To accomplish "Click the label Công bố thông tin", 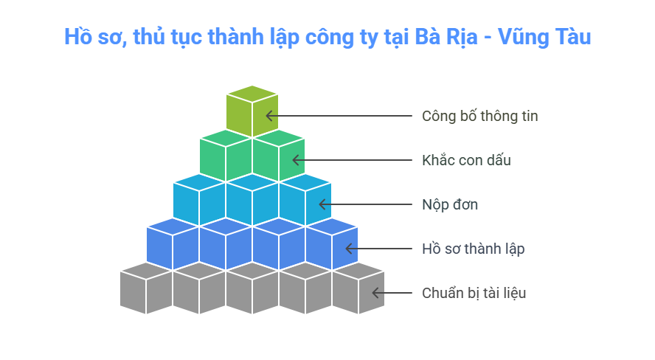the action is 479,116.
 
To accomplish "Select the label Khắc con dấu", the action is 466,160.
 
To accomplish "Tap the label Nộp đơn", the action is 450,204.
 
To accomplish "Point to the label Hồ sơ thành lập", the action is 474,249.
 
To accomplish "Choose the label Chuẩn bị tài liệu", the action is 474,293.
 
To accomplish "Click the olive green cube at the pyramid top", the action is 252,111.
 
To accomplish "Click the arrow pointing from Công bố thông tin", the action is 339,116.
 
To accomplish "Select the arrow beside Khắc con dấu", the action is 352,160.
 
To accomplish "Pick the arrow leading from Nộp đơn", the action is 366,204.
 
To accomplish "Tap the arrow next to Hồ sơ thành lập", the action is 379,249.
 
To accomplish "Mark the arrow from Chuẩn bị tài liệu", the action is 392,293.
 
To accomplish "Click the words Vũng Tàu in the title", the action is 544,36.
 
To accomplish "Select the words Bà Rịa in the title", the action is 446,37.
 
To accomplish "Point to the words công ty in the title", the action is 342,38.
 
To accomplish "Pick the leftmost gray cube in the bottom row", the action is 146,288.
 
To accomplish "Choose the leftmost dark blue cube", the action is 173,244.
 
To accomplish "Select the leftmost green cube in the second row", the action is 226,156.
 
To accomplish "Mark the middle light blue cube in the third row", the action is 252,200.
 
